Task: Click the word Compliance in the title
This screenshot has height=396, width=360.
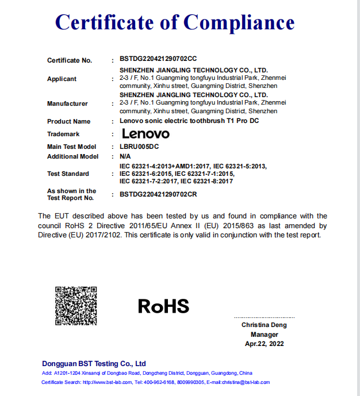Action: coord(239,22)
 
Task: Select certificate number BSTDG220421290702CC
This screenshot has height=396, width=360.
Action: coord(158,60)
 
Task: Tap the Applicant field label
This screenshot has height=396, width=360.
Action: coord(62,79)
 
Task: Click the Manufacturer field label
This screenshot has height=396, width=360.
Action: coord(67,103)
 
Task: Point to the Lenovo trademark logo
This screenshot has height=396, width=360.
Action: coord(145,134)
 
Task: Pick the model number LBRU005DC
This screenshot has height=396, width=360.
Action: coord(139,147)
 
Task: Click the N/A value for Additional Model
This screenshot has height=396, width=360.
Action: coord(125,156)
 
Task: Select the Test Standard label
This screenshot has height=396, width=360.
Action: coord(68,174)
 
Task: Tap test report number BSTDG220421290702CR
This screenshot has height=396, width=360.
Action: coord(158,195)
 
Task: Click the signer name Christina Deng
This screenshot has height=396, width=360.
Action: coord(264,325)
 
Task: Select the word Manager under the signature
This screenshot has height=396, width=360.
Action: coord(264,335)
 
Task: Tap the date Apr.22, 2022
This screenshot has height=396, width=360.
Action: coord(264,344)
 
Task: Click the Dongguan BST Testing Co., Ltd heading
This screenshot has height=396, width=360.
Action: coord(94,363)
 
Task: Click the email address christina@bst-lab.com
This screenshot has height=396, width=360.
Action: coord(245,382)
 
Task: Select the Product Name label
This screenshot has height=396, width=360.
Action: coord(68,121)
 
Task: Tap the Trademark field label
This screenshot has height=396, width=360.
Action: coord(63,134)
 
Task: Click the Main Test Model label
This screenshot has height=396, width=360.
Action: coord(71,147)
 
